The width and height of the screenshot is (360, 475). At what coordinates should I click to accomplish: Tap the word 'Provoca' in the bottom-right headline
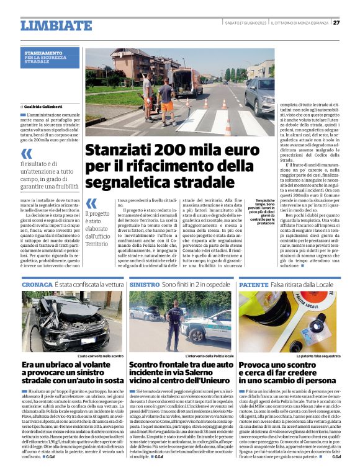263,366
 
